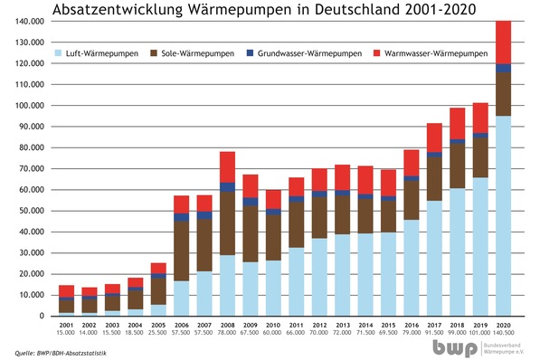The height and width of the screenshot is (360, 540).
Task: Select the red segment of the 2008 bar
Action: [x=227, y=167]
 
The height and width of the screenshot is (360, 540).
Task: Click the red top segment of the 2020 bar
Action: [x=504, y=42]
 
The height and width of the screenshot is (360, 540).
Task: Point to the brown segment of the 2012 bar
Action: [x=319, y=217]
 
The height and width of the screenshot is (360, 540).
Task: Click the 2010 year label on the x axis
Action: [x=273, y=324]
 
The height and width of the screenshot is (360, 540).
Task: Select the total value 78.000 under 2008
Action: [x=227, y=332]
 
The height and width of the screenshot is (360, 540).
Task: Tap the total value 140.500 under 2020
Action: [x=504, y=332]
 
